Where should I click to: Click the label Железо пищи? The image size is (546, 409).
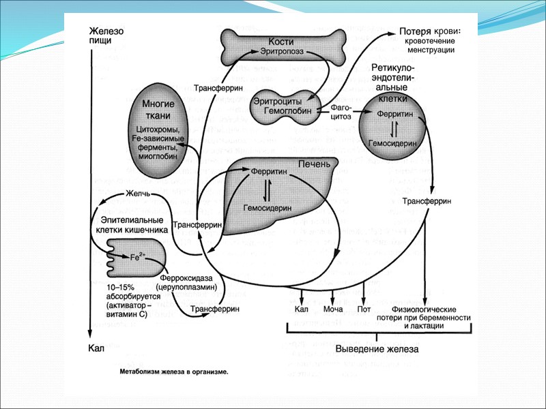pos(105,36)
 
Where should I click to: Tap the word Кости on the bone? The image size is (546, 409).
pos(281,41)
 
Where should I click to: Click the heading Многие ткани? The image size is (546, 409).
pos(158,108)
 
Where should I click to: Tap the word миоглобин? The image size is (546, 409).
pos(159,156)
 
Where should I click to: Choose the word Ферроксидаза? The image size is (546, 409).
pos(187,278)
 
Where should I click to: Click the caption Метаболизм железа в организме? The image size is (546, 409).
pos(173,372)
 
